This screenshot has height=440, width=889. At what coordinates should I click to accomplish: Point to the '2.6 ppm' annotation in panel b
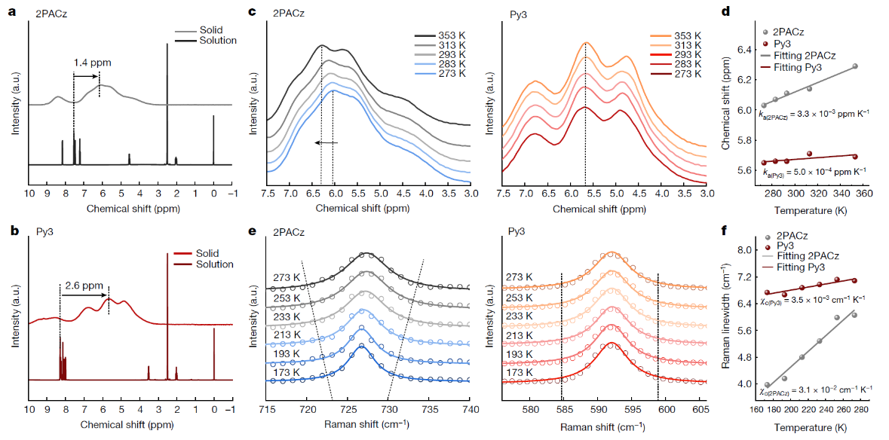pyautogui.click(x=81, y=285)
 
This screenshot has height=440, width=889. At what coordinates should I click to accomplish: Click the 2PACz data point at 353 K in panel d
pyautogui.click(x=854, y=66)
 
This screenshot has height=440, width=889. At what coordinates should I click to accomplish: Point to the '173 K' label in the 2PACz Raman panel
pyautogui.click(x=288, y=372)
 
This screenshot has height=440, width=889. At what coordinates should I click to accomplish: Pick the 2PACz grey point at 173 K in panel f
pyautogui.click(x=768, y=385)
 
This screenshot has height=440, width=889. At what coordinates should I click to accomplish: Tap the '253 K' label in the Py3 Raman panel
pyautogui.click(x=521, y=298)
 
